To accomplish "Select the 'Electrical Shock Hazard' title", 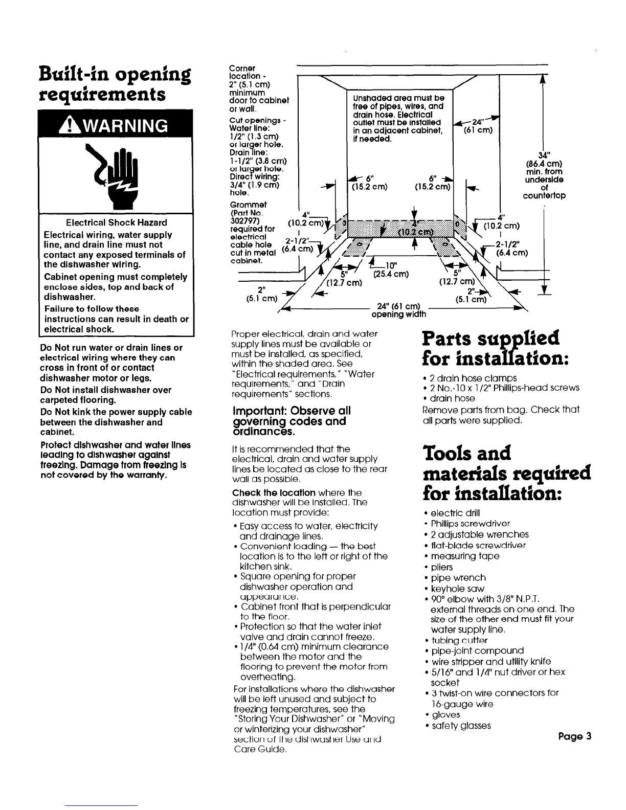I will pos(117,222).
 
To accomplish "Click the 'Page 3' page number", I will pos(575,736).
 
